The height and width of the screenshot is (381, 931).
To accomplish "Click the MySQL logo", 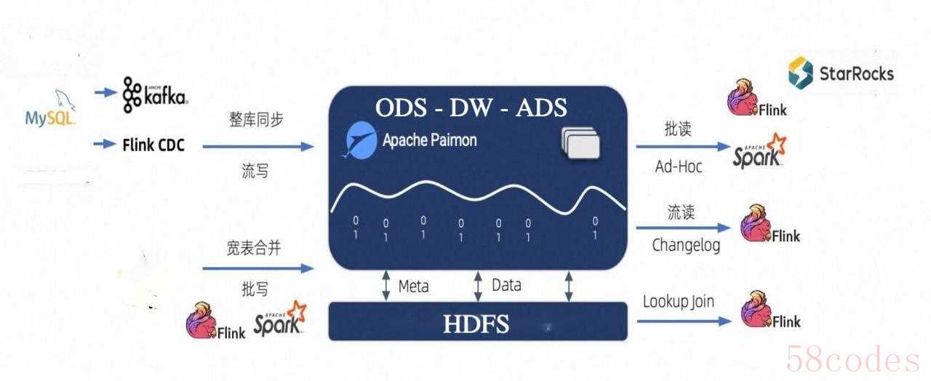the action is (50, 108).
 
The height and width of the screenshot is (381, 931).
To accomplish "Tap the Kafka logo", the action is (155, 95).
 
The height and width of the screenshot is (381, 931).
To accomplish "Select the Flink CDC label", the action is (153, 145).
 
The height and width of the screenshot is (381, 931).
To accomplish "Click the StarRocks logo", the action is (841, 73).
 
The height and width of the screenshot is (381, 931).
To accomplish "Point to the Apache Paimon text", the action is (430, 140).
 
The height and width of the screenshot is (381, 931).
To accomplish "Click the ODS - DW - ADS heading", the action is (471, 107).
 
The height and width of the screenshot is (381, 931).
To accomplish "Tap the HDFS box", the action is (478, 321).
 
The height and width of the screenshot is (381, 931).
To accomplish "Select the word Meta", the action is (414, 286).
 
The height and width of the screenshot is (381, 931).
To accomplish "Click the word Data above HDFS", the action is (506, 285).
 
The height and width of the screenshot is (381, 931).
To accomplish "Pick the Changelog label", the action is (686, 245).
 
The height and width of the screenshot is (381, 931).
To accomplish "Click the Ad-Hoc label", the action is (679, 167).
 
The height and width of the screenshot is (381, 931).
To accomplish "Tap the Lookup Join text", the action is (679, 301).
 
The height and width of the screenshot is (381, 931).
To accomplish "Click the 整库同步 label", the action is (256, 120).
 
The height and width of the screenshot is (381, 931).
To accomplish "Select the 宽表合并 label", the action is (254, 248).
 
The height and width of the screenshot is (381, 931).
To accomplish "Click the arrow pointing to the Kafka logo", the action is (105, 92).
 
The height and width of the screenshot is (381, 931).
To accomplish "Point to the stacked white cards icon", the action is (581, 143).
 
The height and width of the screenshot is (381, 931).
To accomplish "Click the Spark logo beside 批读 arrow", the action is (759, 151).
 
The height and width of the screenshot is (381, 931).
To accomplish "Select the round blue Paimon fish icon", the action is (360, 140).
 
